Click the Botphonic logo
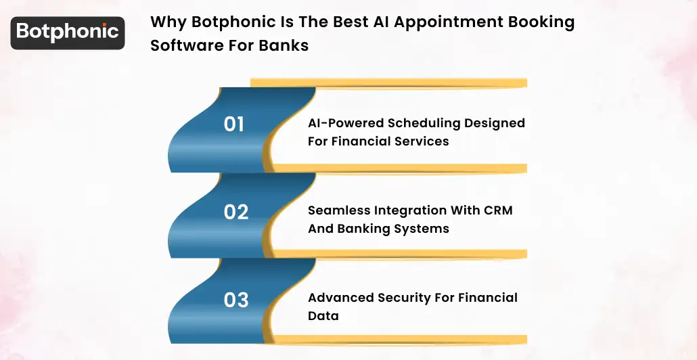(x=67, y=32)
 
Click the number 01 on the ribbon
(x=233, y=124)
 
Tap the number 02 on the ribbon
(x=236, y=212)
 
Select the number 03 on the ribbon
(x=236, y=299)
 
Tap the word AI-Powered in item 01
(x=345, y=123)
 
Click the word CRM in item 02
(x=498, y=210)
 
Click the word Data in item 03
(x=323, y=316)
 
